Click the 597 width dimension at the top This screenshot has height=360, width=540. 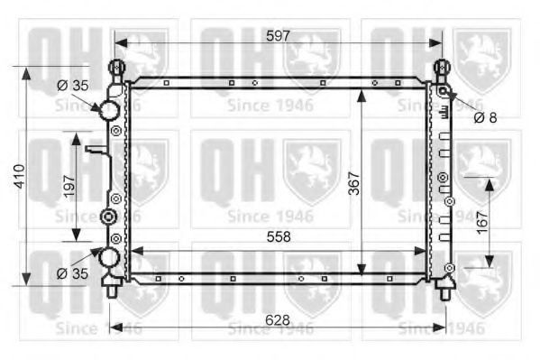279,36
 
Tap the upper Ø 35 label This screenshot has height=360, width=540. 73,86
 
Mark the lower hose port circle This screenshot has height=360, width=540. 110,258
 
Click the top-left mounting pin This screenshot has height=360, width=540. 115,69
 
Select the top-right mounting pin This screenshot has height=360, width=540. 443,69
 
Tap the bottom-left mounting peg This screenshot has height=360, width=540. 111,290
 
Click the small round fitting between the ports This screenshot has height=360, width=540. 108,217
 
